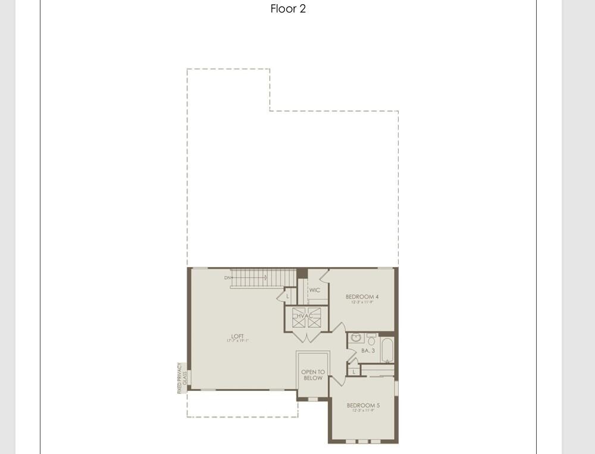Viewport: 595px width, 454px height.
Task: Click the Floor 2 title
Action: (x=288, y=9)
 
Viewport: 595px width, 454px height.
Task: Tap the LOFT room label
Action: (x=237, y=336)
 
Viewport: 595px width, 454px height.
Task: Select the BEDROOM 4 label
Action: (x=362, y=296)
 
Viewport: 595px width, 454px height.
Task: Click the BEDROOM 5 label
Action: (x=363, y=405)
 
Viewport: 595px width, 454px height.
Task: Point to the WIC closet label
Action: (x=315, y=290)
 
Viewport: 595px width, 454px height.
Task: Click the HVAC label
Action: (x=306, y=316)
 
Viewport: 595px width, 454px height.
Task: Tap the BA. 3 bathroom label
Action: (x=368, y=350)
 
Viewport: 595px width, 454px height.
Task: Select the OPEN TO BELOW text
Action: (x=313, y=375)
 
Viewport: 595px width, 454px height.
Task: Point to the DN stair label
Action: (x=227, y=278)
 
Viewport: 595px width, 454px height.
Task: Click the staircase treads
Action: (x=264, y=277)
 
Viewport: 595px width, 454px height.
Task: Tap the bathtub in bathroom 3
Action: (x=387, y=350)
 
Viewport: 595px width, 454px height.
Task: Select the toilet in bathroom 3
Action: (x=371, y=340)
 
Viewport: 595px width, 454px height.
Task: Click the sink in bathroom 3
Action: (x=356, y=338)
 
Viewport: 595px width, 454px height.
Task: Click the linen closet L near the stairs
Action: (x=287, y=296)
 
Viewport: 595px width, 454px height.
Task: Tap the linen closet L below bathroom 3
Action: (x=354, y=371)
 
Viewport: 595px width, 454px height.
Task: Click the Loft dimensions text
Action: (x=237, y=341)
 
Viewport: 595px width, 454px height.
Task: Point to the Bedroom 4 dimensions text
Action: (x=362, y=302)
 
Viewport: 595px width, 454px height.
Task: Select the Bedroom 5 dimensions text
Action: (x=363, y=411)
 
